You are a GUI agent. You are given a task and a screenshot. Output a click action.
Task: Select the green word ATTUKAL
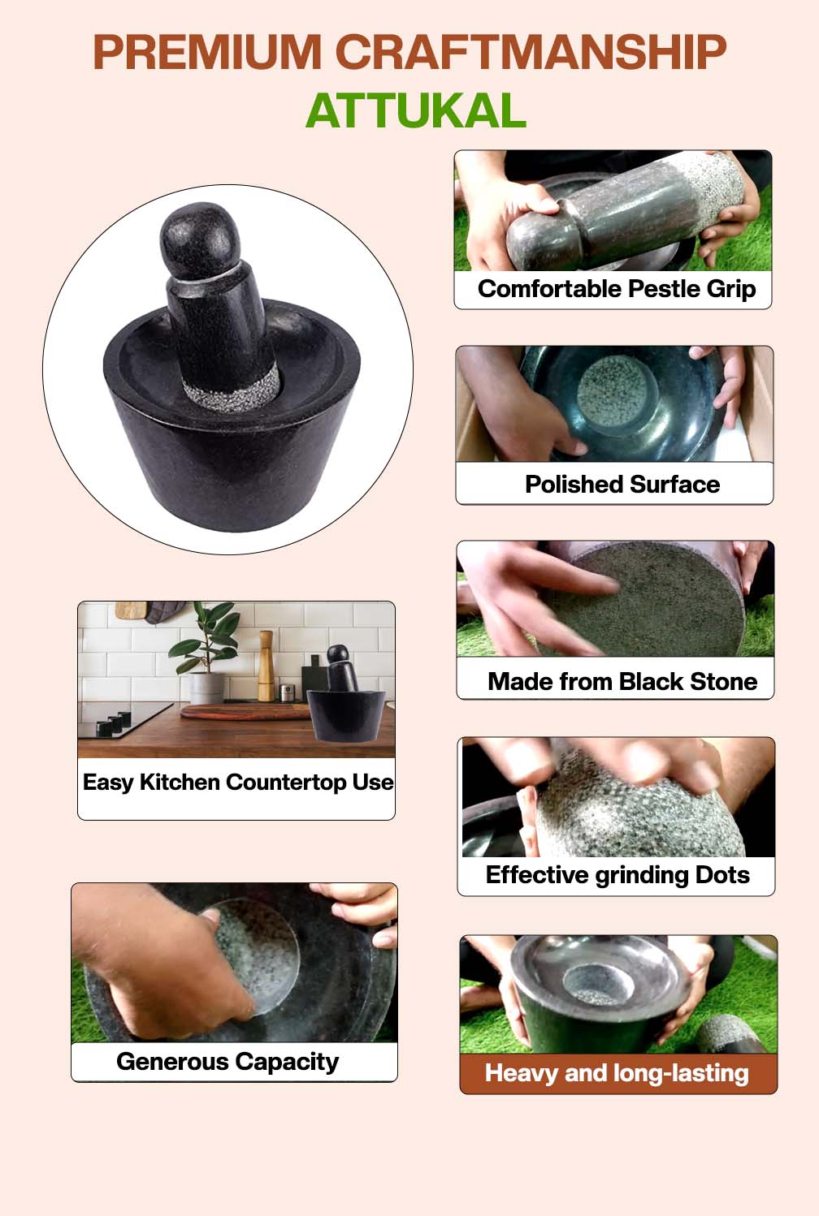(415, 111)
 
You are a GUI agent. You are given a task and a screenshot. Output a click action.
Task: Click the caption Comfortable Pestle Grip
(616, 289)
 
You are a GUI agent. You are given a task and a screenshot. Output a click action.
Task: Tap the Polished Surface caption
(622, 485)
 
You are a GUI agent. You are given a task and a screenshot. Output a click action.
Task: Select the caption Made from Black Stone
(622, 681)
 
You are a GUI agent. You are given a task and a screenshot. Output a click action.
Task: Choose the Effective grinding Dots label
(617, 875)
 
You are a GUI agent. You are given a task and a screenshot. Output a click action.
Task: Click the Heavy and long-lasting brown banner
(617, 1073)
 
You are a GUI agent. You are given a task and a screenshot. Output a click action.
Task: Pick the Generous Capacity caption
(227, 1062)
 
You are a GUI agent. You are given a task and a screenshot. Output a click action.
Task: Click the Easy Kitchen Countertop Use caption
(237, 783)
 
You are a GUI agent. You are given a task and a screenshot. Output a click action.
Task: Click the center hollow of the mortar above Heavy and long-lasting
(597, 985)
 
